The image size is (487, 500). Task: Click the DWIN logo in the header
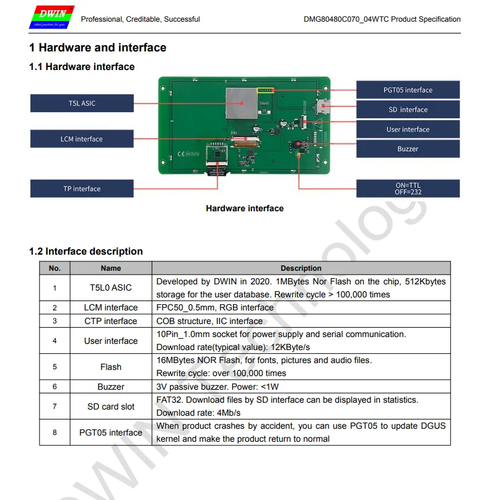tap(51, 18)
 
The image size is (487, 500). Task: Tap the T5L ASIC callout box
tap(82, 103)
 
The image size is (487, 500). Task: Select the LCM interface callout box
tap(82, 139)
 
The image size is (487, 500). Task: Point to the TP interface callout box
tap(82, 189)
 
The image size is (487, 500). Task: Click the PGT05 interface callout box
tap(408, 90)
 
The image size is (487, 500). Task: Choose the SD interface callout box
tap(408, 110)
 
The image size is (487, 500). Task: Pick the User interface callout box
tap(408, 129)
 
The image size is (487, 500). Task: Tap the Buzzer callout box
tap(408, 149)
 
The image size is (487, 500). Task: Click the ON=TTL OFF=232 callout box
tap(408, 188)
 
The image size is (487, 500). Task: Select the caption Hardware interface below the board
tap(245, 209)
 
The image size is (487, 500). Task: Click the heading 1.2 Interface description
tap(86, 252)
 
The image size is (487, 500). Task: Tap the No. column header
tap(55, 268)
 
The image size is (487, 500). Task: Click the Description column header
tap(301, 268)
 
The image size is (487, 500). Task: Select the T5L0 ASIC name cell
tap(111, 287)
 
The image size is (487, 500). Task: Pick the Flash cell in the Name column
tap(111, 367)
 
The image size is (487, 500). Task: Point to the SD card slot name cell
tap(111, 406)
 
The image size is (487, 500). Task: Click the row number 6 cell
tap(55, 387)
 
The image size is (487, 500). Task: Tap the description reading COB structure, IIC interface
tap(209, 321)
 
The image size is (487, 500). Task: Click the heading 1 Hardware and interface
tap(98, 48)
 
